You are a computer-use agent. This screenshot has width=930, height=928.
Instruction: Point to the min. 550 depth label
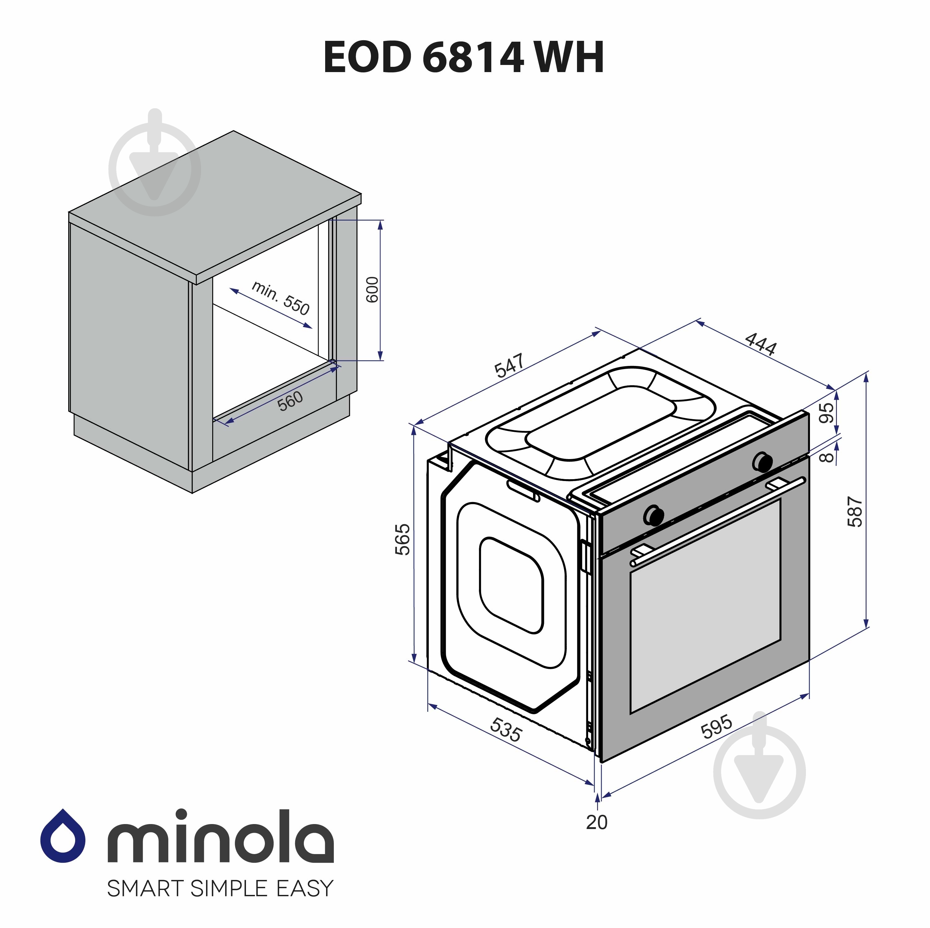point(281,298)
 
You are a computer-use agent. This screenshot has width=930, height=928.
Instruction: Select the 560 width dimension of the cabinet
point(290,401)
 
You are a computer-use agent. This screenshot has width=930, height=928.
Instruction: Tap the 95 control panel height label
point(826,413)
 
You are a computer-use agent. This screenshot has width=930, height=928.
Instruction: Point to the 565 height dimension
point(403,539)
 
